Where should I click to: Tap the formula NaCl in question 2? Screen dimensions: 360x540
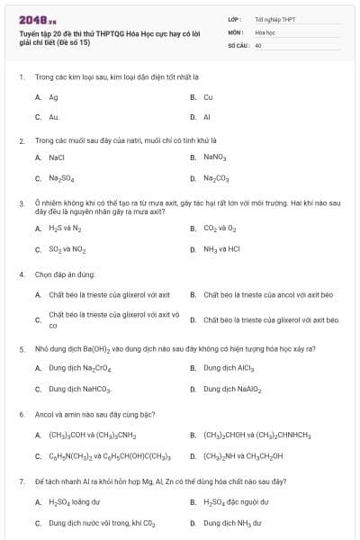tap(57, 157)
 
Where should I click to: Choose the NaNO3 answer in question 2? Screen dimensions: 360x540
tap(214, 157)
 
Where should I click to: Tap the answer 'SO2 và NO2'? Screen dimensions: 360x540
tap(67, 249)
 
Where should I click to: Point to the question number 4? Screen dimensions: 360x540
tap(21, 274)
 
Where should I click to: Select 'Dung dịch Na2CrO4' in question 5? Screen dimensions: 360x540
tap(79, 368)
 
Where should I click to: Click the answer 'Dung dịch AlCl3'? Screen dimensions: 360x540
tap(232, 368)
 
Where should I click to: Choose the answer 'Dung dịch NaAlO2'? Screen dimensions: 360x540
tap(234, 389)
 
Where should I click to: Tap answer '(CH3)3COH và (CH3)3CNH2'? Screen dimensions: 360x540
tap(91, 436)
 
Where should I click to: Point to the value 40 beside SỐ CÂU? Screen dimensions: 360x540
tap(258, 44)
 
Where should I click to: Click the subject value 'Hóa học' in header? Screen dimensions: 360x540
tap(265, 31)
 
